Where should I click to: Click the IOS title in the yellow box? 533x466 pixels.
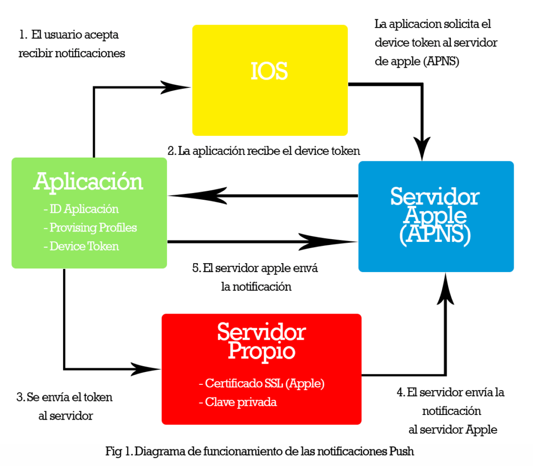[x=269, y=71]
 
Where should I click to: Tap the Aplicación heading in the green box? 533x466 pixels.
[x=88, y=182]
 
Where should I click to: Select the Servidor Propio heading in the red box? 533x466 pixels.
[x=261, y=341]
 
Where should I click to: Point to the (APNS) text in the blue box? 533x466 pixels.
[x=435, y=235]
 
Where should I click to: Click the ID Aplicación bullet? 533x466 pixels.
[x=81, y=209]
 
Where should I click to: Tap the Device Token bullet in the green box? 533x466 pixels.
[x=81, y=246]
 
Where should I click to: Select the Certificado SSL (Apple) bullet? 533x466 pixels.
[x=262, y=384]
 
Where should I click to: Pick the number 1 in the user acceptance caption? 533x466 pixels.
[x=22, y=35]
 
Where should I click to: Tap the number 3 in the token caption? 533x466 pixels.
[x=20, y=398]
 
